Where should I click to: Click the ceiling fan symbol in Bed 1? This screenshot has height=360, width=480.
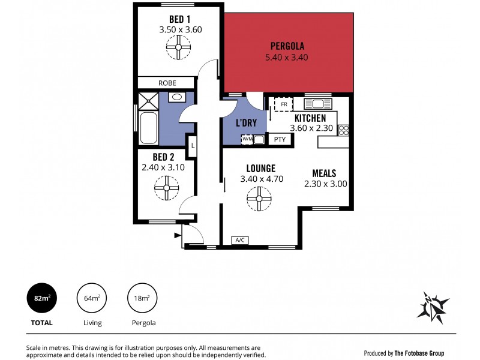(179, 47)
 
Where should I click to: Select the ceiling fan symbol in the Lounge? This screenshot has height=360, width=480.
(260, 199)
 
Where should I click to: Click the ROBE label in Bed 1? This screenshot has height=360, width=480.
(167, 83)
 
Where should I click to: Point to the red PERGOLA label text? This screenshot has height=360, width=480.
(287, 46)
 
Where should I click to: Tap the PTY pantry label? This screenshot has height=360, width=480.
(280, 140)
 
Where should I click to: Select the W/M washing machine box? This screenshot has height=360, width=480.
(247, 140)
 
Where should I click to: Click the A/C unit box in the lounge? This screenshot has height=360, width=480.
(241, 241)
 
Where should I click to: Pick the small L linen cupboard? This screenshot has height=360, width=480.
(192, 146)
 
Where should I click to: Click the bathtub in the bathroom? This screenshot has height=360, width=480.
(148, 127)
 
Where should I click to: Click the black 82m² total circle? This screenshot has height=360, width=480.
(41, 298)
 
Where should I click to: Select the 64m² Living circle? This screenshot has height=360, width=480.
(91, 298)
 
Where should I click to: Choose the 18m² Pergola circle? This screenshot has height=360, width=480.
(142, 298)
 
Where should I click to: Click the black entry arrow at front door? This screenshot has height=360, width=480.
(178, 236)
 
